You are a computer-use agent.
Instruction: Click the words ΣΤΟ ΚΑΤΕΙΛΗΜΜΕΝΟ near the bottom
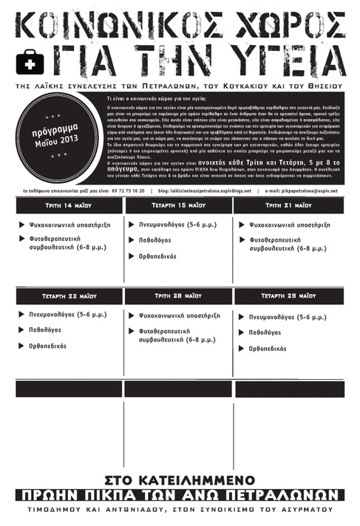point(180,478)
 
